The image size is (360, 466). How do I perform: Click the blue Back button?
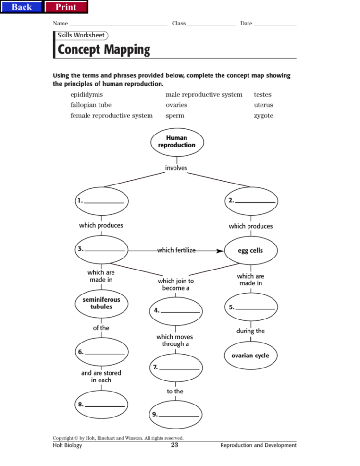coord(22,7)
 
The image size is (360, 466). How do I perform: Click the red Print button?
coord(66,7)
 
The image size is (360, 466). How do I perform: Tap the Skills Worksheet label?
coord(81,35)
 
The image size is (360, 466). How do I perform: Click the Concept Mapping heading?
coord(104,49)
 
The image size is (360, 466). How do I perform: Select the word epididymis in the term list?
coord(87,95)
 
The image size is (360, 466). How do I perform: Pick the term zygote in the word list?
coord(263,116)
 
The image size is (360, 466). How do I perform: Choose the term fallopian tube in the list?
coord(91,105)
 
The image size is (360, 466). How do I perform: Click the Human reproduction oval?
coord(176,142)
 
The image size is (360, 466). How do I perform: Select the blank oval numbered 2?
coord(251,201)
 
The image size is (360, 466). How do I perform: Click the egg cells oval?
coord(250,251)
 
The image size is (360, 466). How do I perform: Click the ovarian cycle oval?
coord(250,356)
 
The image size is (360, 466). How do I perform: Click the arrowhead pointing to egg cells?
coord(220,251)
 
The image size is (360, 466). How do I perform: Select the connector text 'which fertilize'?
coord(176,251)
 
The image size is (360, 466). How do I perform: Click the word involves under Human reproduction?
coord(176,168)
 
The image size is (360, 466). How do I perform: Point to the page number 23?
coord(174,445)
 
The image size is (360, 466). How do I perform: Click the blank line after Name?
coord(118,24)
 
